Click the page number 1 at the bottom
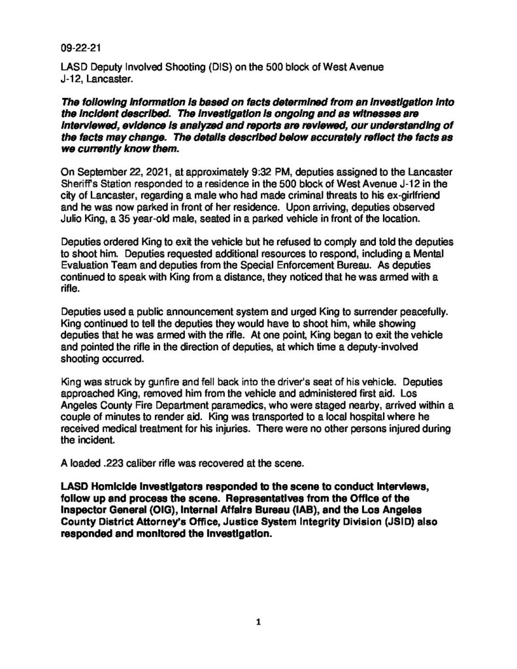pyautogui.click(x=258, y=623)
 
